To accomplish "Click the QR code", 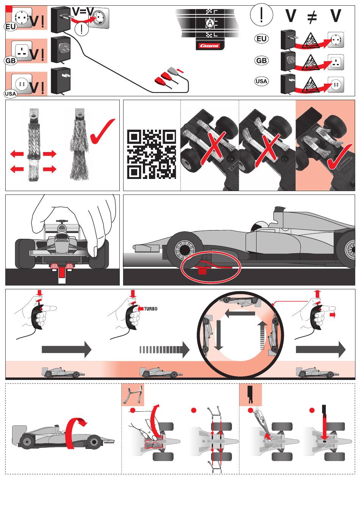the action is [151, 154].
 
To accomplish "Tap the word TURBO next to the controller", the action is [150, 309].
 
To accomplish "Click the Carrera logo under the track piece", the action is [210, 46].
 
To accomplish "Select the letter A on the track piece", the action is [210, 23].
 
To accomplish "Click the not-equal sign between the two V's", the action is [312, 17].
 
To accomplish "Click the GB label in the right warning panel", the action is [261, 60].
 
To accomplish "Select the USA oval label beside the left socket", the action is [11, 94].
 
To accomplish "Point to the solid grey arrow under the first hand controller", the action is [67, 350].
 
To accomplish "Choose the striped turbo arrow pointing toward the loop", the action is [164, 350].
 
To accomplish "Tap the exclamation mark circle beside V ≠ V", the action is [261, 14].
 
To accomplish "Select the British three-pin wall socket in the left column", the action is [22, 50].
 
